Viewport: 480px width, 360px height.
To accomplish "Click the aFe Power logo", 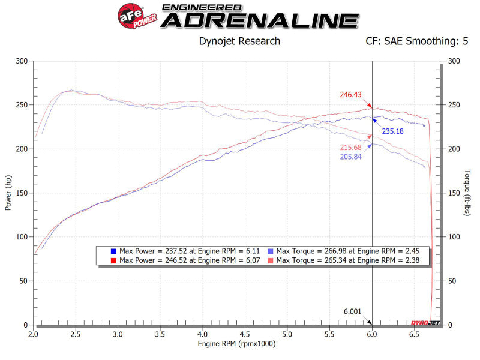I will click(135, 17).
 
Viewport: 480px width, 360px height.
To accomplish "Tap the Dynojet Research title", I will click(239, 41).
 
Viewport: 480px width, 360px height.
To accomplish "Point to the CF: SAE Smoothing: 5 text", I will click(417, 41).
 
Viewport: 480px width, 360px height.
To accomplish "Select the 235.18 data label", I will click(394, 130).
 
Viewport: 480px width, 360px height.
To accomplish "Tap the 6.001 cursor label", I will click(353, 311).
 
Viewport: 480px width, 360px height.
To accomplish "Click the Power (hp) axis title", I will click(8, 193).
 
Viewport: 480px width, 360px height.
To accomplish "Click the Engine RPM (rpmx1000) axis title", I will click(237, 344).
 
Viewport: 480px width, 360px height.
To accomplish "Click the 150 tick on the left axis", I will click(22, 193).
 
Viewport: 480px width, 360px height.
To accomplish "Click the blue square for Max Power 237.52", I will click(114, 251).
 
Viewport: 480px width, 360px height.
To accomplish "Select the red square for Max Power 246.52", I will click(114, 260).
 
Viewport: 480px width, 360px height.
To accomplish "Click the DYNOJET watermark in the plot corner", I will click(425, 323).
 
